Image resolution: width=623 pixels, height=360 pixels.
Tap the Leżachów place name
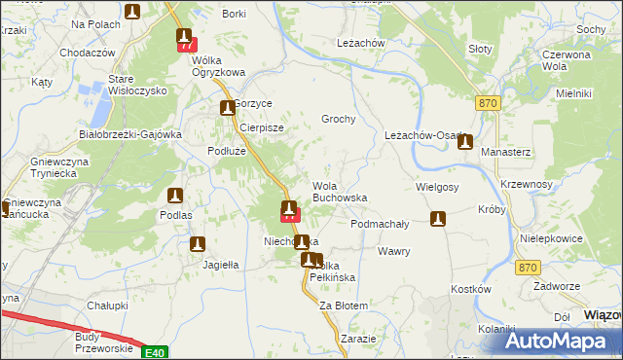(361, 44)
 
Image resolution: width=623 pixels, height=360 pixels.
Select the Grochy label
(339, 120)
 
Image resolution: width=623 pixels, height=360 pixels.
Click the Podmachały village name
(379, 224)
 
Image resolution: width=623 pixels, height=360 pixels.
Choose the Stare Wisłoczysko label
(137, 84)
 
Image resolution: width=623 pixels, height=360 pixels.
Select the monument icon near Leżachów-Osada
(465, 141)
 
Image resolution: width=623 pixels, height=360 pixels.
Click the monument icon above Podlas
(175, 196)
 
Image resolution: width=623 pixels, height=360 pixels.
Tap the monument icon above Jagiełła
(198, 245)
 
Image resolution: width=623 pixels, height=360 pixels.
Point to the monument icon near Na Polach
(132, 12)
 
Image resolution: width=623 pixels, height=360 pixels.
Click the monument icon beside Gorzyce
(227, 108)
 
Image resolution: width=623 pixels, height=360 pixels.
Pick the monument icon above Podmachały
(438, 220)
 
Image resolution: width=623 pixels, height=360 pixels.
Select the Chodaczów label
(88, 53)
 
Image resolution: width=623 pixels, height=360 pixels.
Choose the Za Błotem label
(344, 306)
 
